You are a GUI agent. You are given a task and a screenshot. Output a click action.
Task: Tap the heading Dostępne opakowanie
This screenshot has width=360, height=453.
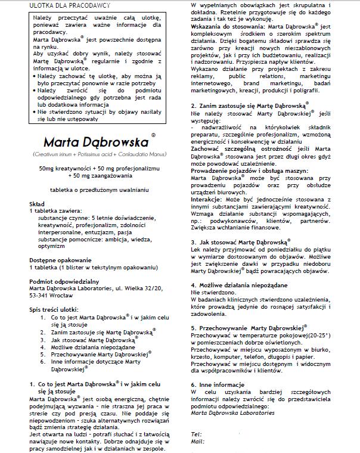(60, 260)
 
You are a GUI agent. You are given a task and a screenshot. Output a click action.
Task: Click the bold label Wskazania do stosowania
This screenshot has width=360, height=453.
(227, 27)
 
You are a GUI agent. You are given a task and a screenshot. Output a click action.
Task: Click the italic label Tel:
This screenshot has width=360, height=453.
(196, 433)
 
